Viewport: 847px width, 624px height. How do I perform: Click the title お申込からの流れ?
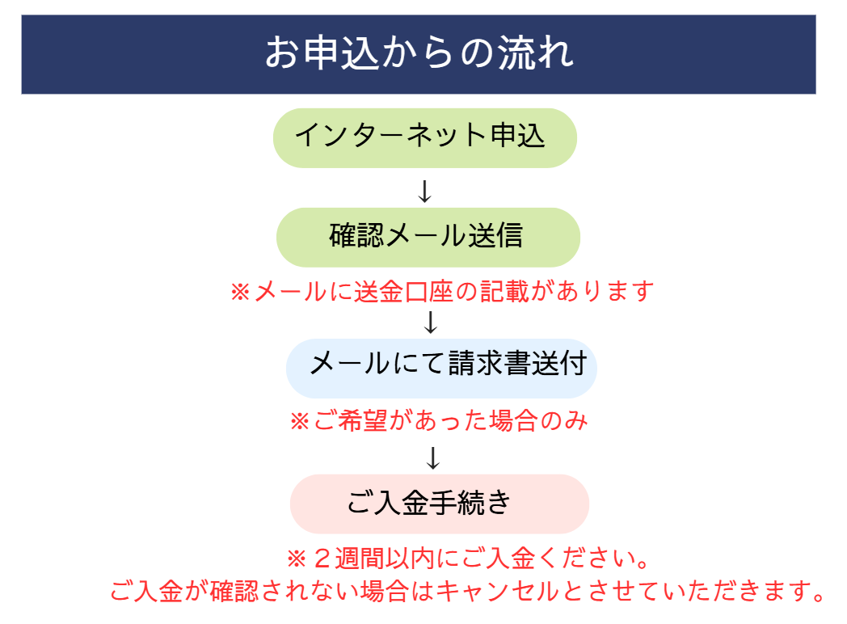pos(419,53)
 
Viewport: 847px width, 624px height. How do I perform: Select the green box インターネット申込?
pos(425,137)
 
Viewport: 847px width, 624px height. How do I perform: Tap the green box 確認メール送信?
pos(428,237)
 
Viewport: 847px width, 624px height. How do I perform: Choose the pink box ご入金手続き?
pos(439,504)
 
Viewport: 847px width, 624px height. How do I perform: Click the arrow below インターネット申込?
pos(425,192)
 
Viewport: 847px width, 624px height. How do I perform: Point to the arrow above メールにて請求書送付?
pos(431,323)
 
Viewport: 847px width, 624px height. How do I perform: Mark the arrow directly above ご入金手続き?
pos(432,458)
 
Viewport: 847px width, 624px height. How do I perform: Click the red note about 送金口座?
pos(442,292)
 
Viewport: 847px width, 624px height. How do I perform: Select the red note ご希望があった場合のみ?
pos(439,421)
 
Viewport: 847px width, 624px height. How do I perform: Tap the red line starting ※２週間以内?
pos(468,558)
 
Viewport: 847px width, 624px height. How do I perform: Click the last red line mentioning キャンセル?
pos(467,591)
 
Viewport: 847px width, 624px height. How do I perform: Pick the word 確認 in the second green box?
pos(356,235)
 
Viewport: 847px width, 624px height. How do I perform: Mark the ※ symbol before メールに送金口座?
pos(240,293)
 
